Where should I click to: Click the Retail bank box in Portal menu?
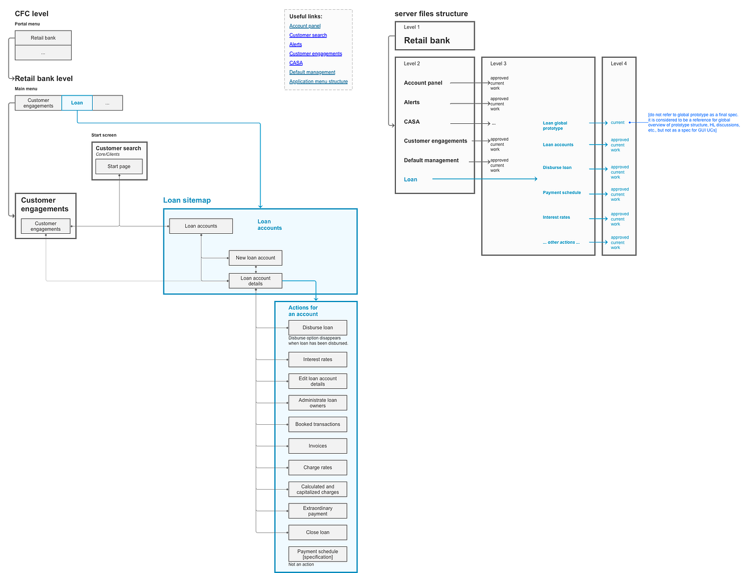pos(43,38)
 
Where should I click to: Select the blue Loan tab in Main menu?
pos(77,103)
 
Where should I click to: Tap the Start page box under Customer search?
pos(119,167)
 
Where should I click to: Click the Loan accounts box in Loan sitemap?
pos(201,226)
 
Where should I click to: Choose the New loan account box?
pos(255,258)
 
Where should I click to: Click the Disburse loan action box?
pos(318,328)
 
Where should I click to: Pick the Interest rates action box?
pos(318,359)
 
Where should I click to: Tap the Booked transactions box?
pos(318,424)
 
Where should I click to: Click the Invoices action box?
pos(318,446)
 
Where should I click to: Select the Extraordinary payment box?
pos(318,511)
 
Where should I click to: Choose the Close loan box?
pos(318,532)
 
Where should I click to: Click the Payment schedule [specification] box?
pos(318,554)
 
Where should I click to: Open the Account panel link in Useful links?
pos(305,26)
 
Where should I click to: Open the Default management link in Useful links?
pos(312,72)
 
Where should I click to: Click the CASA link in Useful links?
pos(296,63)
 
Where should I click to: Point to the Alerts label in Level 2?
pos(412,102)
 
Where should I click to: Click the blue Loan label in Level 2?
pos(410,179)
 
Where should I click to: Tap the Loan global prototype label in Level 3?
pos(555,126)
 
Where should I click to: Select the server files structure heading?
pos(431,14)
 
